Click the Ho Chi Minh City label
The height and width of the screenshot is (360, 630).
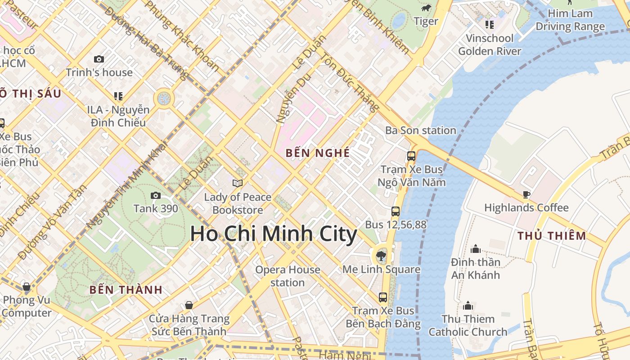[273, 234]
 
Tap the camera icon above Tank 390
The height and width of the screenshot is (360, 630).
[156, 195]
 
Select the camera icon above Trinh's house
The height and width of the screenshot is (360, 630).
[99, 59]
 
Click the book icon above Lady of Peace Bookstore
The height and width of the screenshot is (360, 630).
[238, 183]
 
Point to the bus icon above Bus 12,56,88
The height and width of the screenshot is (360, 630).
[396, 211]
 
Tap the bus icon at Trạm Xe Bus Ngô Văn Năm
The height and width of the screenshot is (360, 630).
[411, 156]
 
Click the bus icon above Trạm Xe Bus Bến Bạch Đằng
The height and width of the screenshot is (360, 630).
[383, 297]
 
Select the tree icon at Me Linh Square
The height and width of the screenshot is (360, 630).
[381, 256]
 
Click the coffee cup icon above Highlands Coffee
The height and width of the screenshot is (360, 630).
[526, 194]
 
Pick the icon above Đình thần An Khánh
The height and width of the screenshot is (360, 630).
[476, 249]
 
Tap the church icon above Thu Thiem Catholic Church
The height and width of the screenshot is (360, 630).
[468, 306]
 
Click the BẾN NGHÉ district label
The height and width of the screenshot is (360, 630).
[318, 153]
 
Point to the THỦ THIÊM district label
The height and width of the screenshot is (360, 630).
[552, 236]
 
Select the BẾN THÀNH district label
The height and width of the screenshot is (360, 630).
[126, 290]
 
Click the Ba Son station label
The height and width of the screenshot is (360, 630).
[421, 130]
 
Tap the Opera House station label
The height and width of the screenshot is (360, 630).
[288, 276]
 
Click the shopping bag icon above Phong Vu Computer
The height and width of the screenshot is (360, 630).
[27, 287]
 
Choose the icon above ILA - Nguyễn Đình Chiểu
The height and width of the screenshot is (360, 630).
[118, 96]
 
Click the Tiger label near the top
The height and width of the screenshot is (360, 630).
[426, 21]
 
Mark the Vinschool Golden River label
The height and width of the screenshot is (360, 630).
[490, 45]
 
